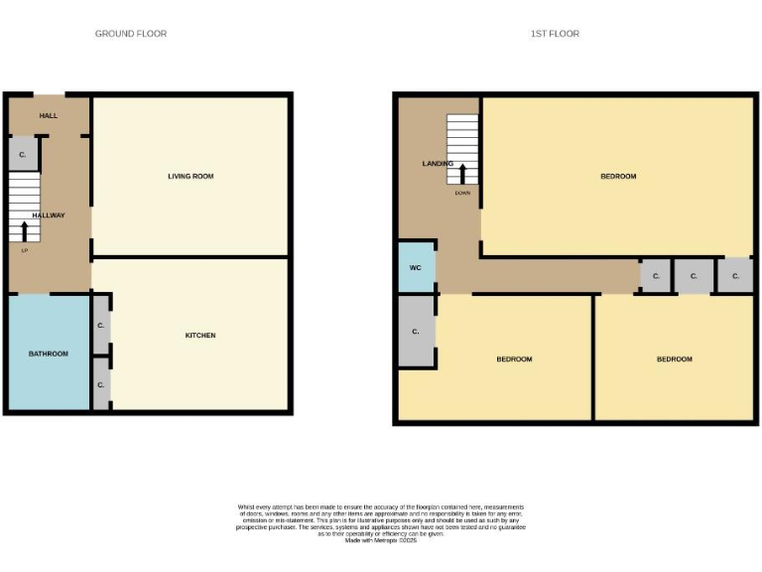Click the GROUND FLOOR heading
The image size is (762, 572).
coord(130,34)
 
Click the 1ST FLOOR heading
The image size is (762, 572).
coord(555,34)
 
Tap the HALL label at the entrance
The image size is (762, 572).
coord(49,116)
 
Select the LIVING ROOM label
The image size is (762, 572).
coord(190,177)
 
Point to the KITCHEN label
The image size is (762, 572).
coord(200,336)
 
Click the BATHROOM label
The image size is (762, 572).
coord(48,354)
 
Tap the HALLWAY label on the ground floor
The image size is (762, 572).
coord(49,215)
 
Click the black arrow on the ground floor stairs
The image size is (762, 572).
coord(24,231)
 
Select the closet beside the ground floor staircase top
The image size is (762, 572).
coord(23,155)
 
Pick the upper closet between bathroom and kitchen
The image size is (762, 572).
coord(101,325)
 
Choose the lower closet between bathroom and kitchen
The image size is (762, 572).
coord(101,384)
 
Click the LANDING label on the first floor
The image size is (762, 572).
coord(438,164)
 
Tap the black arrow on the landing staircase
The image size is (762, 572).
coord(462,173)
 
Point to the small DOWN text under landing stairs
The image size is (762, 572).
coord(462,194)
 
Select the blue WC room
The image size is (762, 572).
coord(416,268)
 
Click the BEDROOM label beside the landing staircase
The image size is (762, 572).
coord(618,177)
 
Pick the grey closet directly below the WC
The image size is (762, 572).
coord(416,331)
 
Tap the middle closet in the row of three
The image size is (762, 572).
coord(694,276)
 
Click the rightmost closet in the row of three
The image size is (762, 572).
coord(735,276)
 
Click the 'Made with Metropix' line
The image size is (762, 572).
coord(381,540)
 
